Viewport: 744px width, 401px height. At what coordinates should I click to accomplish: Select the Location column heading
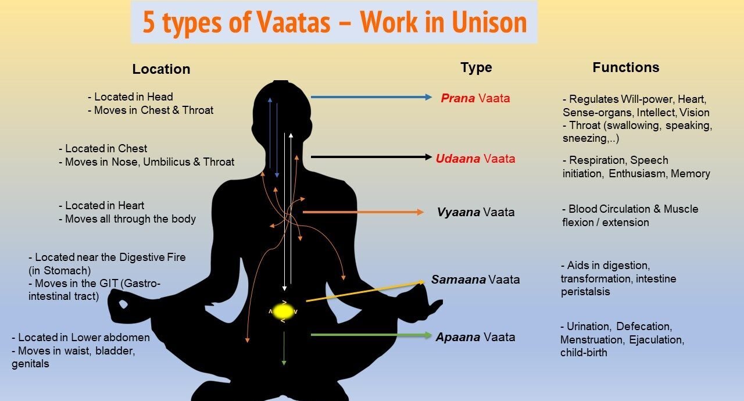[161, 69]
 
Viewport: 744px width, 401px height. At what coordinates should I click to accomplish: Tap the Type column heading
[476, 67]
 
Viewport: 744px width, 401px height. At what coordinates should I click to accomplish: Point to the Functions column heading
[625, 67]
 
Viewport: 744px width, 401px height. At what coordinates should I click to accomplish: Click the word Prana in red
[458, 98]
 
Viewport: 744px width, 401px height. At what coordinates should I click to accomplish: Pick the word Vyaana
[458, 212]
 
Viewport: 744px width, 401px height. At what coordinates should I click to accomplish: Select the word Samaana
[458, 280]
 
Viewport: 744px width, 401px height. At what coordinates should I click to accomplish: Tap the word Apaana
[457, 337]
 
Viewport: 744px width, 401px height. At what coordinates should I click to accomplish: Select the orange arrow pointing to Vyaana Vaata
[363, 212]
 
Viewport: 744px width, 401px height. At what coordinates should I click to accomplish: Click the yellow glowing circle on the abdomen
[284, 311]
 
